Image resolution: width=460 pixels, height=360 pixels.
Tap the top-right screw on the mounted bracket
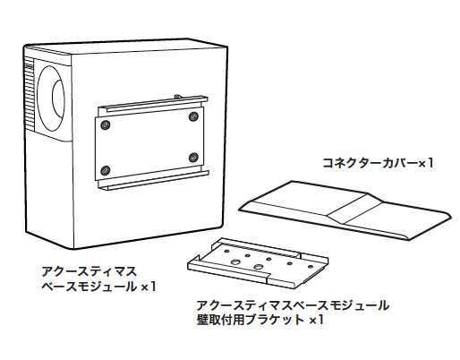pos(193,116)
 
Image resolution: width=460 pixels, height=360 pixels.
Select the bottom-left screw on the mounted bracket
pos(105,170)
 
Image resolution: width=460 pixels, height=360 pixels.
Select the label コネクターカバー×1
pos(378,163)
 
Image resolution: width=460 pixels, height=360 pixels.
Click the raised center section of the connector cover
pos(355,209)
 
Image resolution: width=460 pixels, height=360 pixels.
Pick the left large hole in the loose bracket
pos(236,261)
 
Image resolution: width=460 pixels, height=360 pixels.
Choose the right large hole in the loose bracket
pos(258,266)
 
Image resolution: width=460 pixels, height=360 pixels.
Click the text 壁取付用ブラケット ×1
pos(260,320)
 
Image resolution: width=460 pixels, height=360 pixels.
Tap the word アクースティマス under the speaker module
pos(89,271)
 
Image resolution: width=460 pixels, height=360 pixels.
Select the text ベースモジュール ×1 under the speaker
pos(98,287)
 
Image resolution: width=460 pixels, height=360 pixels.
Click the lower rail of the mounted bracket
pos(153,181)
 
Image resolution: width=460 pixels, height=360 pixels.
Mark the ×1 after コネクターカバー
pos(425,163)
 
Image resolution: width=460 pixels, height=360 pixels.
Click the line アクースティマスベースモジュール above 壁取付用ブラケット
pos(293,305)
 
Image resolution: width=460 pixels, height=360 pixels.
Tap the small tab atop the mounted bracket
pos(177,96)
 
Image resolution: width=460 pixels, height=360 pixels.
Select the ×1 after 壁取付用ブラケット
pos(316,320)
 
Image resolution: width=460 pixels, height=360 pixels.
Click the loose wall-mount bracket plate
pos(258,263)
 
